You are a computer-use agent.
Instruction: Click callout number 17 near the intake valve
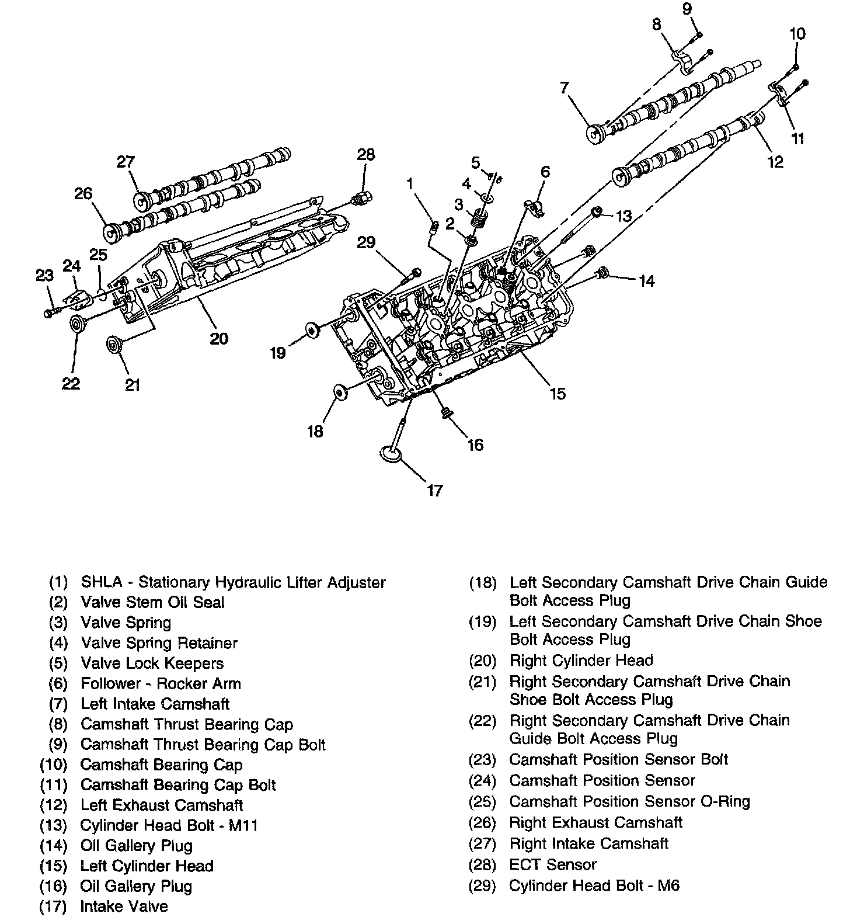[x=435, y=490]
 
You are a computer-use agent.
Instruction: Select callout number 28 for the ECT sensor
[x=366, y=155]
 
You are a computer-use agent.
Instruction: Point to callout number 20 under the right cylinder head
[x=219, y=338]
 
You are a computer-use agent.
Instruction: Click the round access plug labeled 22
[x=75, y=324]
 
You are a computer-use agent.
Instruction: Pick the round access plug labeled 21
[x=113, y=344]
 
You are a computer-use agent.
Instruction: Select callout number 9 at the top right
[x=687, y=9]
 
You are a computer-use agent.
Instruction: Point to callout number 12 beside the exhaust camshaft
[x=775, y=161]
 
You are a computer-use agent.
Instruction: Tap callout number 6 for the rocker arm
[x=545, y=172]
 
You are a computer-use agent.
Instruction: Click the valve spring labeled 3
[x=479, y=220]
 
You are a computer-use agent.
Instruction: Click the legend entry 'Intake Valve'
[x=124, y=906]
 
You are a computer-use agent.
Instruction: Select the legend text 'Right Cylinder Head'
[x=581, y=661]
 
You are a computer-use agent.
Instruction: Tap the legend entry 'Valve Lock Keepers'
[x=152, y=663]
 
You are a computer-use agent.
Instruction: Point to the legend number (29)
[x=482, y=885]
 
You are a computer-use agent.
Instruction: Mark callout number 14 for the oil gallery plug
[x=646, y=281]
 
